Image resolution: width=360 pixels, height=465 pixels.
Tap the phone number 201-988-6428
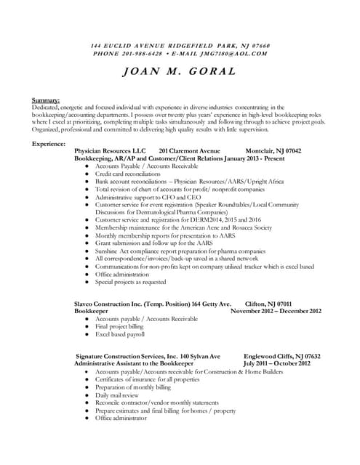(142, 53)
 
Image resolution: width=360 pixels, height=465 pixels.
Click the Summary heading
(46, 100)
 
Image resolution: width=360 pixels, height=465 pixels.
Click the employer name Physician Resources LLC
(111, 150)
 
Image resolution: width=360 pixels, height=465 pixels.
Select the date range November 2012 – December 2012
(276, 310)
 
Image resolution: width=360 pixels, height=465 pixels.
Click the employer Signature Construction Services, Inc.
(127, 356)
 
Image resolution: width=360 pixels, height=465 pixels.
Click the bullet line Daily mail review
(120, 395)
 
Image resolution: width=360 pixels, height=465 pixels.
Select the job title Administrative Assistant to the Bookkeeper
(137, 363)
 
